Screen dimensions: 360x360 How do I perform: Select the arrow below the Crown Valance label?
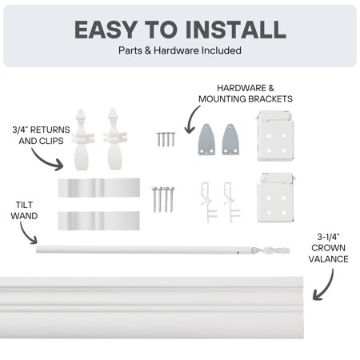pyautogui.click(x=323, y=285)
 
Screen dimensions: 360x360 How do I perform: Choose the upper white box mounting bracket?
pyautogui.click(x=278, y=134)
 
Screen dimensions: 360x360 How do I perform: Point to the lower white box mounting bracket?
pyautogui.click(x=278, y=197)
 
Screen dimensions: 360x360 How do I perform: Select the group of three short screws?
pyautogui.click(x=166, y=139)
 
